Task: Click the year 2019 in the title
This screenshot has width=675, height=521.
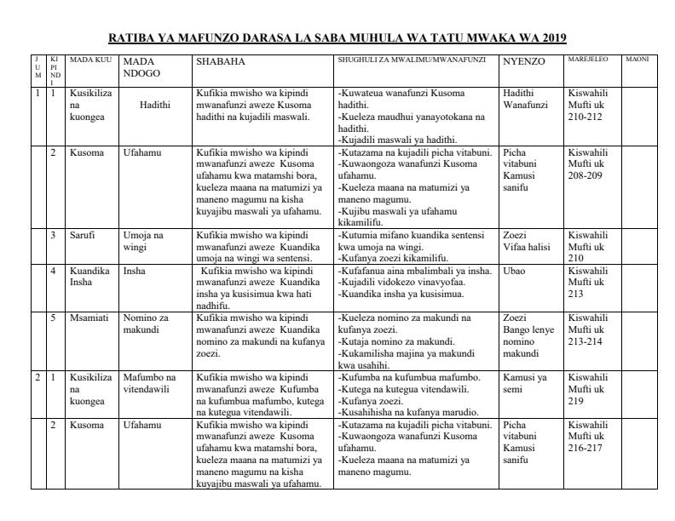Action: click(x=551, y=38)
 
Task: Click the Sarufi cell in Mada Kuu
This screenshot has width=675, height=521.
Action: click(x=82, y=233)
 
